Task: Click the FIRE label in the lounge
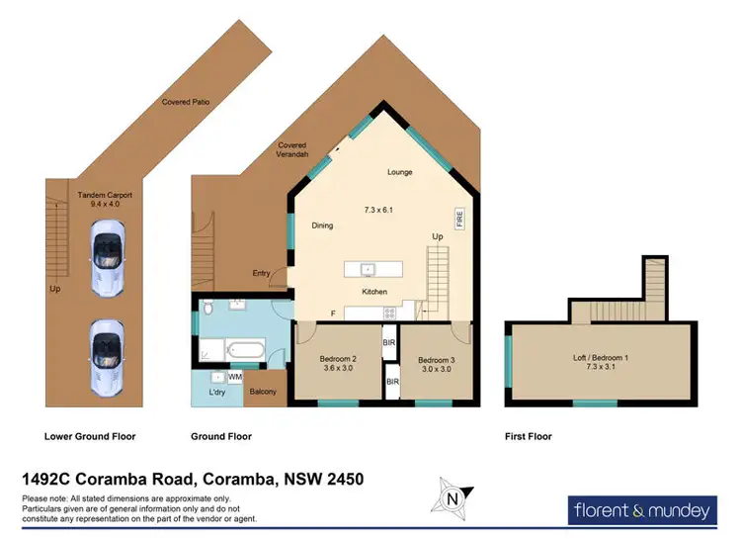coord(459,218)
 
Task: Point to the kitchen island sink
coord(366,268)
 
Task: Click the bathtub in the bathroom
coord(243,349)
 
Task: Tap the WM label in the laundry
coord(235,377)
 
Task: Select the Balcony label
coord(262,392)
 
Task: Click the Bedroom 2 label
coord(339,359)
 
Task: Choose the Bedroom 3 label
coord(435,359)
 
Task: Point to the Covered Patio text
coord(186,102)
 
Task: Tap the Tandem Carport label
coord(105,196)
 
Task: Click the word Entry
coord(261,274)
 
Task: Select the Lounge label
coord(399,172)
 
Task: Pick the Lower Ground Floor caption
coord(90,436)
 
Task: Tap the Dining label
coord(322,225)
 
